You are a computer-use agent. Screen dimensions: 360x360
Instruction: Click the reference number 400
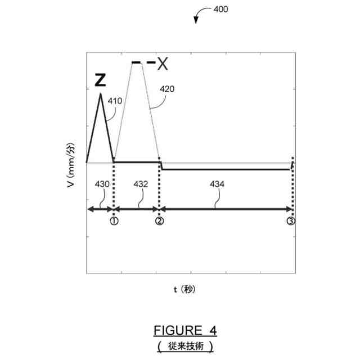coord(220,10)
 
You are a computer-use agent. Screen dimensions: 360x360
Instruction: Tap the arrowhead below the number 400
coord(196,21)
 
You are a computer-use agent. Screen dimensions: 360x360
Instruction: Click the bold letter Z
coord(100,80)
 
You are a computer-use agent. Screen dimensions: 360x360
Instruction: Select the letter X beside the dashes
coord(163,64)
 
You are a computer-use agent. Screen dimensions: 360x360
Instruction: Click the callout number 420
coord(167,89)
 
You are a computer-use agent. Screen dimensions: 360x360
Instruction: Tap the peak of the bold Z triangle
coord(101,93)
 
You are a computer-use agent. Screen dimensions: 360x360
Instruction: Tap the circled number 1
coord(114,222)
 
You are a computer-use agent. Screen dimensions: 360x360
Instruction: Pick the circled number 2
coord(160,222)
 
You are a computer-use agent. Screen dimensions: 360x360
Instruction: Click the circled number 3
coord(290,222)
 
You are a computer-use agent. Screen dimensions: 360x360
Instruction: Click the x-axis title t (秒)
coord(184,289)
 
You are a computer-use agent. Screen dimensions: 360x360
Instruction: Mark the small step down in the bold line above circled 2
coord(161,166)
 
